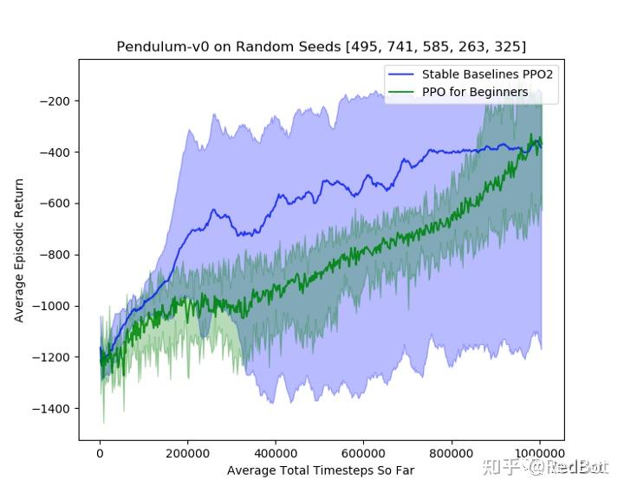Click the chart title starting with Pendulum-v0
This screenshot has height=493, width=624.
(321, 46)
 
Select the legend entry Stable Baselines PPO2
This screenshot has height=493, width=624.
(487, 75)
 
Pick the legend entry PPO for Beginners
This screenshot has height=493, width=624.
(474, 92)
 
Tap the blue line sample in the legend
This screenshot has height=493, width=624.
(402, 75)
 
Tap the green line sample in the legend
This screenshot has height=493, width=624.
(402, 92)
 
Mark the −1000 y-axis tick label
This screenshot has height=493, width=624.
(51, 306)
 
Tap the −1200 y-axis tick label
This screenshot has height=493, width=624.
(51, 357)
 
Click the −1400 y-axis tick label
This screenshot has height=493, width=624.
(51, 408)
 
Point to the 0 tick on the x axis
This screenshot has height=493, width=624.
(100, 452)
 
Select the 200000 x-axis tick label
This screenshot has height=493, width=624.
(188, 452)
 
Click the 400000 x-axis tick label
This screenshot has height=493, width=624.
(276, 452)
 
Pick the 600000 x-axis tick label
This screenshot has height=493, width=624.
(364, 452)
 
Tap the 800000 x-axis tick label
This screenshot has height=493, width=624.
(452, 452)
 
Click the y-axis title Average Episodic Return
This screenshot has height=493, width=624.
(19, 250)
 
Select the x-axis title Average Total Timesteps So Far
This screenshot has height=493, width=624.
(321, 470)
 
